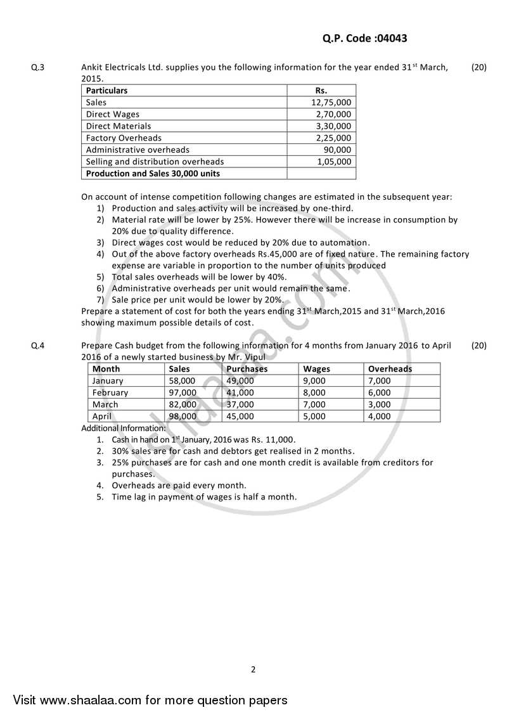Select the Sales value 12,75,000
331,102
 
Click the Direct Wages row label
112,114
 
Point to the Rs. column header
321,91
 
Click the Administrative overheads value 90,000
337,150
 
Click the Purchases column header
247,369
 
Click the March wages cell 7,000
314,404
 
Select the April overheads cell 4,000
380,417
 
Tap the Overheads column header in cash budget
390,369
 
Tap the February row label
110,392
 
